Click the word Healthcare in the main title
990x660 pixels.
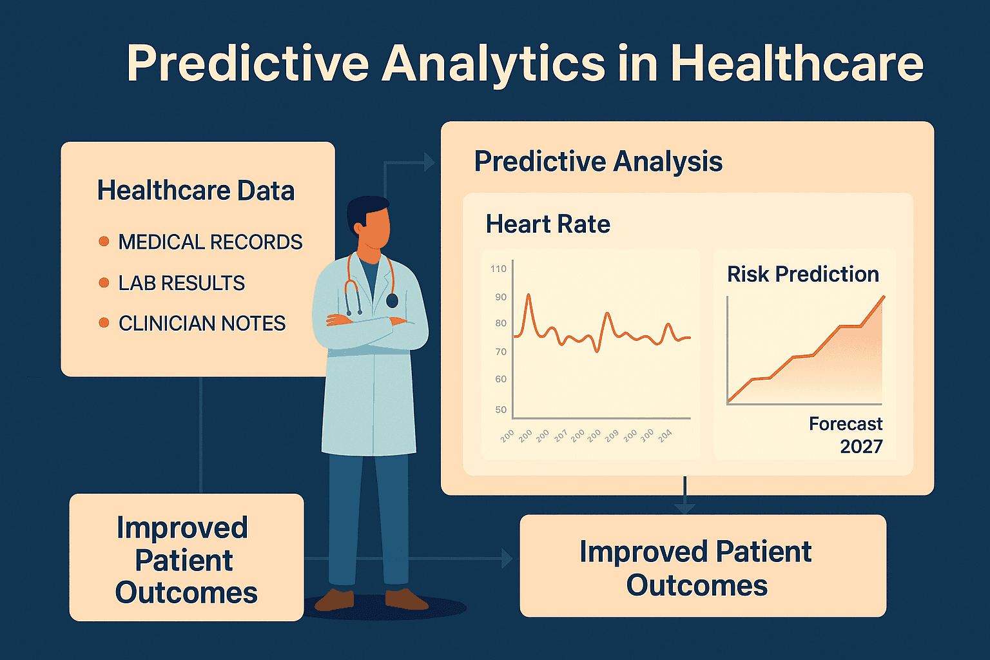(x=797, y=64)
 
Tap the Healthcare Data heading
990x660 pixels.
(x=195, y=191)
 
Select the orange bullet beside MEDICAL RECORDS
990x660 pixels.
(x=104, y=242)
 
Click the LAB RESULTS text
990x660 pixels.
(x=181, y=283)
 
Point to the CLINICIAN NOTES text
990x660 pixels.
(x=202, y=324)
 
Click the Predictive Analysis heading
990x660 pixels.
(x=597, y=161)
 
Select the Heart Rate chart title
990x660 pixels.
(x=547, y=224)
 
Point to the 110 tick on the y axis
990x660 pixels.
(x=498, y=269)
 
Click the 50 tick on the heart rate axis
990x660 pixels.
(x=500, y=410)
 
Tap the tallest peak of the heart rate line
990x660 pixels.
(x=529, y=295)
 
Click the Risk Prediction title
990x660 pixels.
(x=802, y=275)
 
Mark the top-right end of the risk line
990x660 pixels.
(x=883, y=296)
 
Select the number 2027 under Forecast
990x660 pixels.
(x=860, y=447)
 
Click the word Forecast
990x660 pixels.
(x=845, y=424)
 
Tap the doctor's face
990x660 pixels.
(x=374, y=229)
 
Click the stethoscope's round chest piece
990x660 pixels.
(x=392, y=300)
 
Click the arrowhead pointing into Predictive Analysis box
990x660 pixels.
(x=429, y=162)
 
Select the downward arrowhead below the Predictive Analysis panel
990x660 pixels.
(x=684, y=508)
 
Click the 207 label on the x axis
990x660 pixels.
(x=560, y=436)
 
